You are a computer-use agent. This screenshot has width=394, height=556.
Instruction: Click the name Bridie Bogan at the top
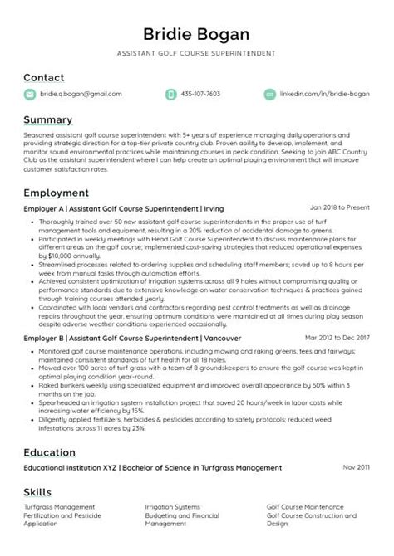[x=197, y=34]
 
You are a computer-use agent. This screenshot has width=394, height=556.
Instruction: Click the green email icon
[x=30, y=95]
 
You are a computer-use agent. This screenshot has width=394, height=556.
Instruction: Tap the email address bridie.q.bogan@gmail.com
[x=81, y=95]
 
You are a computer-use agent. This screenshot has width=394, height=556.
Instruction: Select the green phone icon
[x=171, y=95]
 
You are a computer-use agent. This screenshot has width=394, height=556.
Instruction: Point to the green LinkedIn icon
[x=269, y=95]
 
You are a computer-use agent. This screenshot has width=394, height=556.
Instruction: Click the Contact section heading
[x=44, y=77]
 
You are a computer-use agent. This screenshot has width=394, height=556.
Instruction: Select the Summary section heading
[x=48, y=119]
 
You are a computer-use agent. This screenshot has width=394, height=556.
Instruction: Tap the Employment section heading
[x=57, y=193]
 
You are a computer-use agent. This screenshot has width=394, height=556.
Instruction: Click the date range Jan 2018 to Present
[x=339, y=207]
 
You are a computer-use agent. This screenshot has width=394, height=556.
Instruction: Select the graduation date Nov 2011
[x=356, y=467]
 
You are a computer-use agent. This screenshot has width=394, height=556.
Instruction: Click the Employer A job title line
[x=125, y=208]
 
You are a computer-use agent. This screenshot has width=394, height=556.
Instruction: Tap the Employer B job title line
[x=131, y=339]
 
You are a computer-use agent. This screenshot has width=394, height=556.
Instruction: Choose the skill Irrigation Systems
[x=172, y=506]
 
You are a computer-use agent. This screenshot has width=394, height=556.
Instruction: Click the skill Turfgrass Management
[x=59, y=506]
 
